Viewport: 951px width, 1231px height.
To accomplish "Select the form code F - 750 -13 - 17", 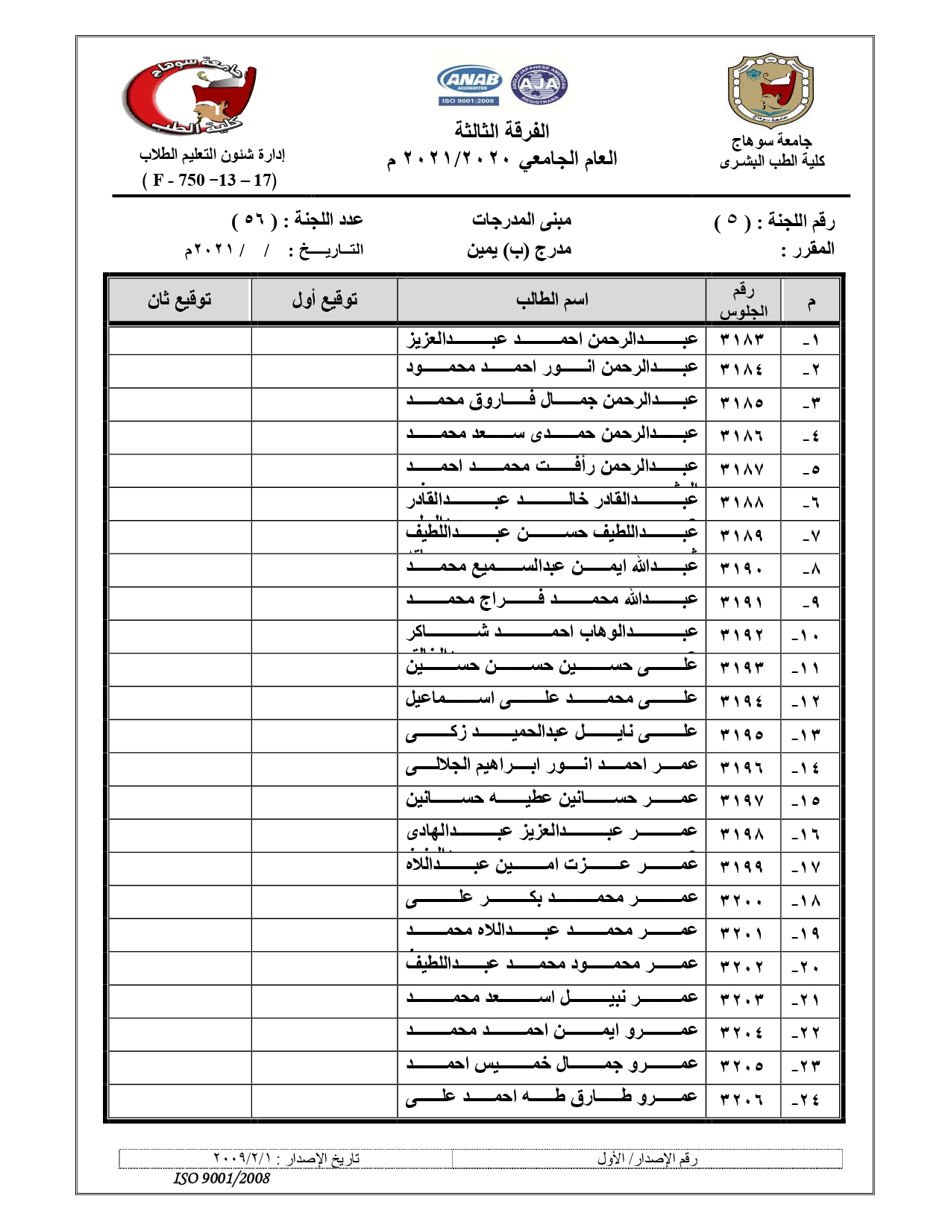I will pos(210,180).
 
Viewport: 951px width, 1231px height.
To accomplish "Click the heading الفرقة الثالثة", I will pos(502,131).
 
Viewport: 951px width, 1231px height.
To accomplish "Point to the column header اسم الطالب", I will pos(552,300).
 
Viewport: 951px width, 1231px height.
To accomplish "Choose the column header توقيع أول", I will pos(324,300).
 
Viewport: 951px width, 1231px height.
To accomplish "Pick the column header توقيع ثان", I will pos(180,300).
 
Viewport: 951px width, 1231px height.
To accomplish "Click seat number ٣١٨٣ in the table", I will pos(742,340).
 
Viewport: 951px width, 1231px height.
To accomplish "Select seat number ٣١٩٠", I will pos(742,568).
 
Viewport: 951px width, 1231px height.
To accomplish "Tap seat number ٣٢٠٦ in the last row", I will pos(742,1099).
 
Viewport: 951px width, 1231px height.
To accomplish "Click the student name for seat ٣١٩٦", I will pos(552,765).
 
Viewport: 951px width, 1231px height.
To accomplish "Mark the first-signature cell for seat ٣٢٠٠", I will pos(324,900).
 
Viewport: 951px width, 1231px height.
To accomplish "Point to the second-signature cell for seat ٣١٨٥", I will pos(180,403).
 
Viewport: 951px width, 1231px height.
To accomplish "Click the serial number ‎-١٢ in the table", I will pos(806,701).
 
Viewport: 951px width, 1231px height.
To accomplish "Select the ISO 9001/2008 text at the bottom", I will pos(222,1179).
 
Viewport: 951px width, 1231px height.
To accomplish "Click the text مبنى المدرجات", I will pos(521,220).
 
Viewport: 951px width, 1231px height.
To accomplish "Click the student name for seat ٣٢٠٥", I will pos(552,1065).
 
